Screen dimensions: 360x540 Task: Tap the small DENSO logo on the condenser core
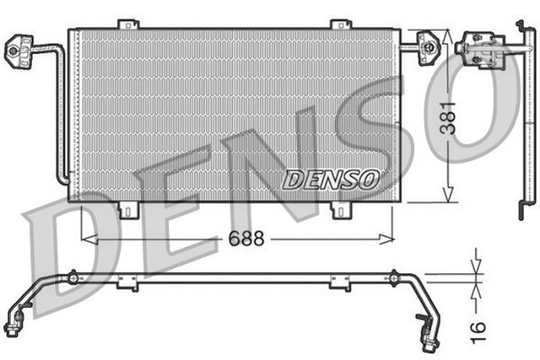[x=331, y=179]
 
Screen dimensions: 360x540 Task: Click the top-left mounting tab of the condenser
[x=127, y=24]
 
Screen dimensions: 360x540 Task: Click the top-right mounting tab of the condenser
[x=339, y=24]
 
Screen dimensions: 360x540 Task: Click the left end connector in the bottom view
[x=13, y=323]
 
